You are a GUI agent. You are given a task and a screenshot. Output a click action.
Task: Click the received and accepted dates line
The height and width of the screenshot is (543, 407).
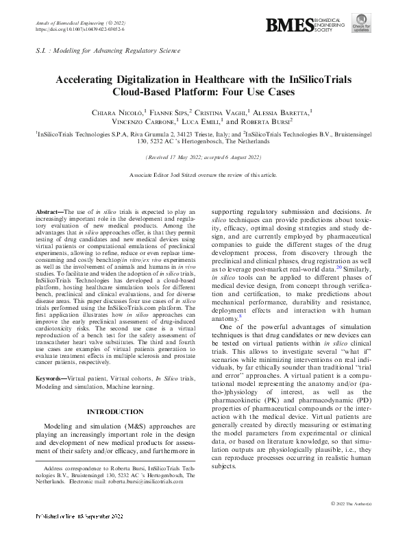(203, 157)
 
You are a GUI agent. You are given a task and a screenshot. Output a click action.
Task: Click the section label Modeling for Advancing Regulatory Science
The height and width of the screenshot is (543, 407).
(116, 51)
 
